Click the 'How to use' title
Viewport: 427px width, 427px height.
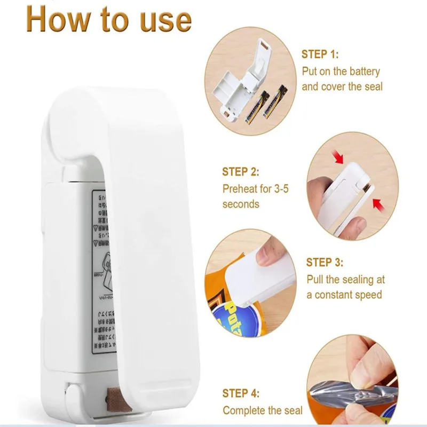tap(108, 20)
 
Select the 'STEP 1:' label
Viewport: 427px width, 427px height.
tap(320, 54)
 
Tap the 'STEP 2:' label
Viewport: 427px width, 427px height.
tap(241, 172)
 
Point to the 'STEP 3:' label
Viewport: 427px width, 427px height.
tap(325, 262)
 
